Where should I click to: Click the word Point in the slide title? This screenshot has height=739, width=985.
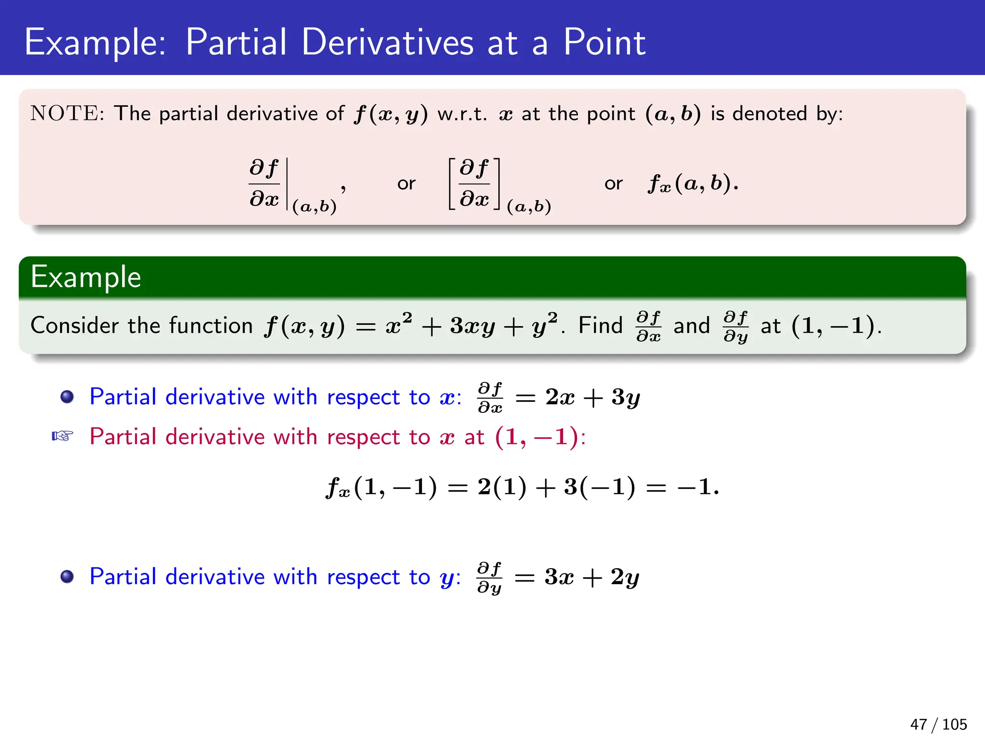(604, 42)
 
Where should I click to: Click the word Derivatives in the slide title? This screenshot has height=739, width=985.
(387, 42)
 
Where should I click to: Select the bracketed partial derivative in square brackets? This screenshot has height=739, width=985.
(474, 184)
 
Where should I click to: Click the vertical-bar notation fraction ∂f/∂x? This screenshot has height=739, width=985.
(264, 184)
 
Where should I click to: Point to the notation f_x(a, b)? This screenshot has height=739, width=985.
(693, 183)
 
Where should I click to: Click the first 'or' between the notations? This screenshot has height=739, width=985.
(406, 184)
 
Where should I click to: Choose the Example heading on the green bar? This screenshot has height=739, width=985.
(86, 277)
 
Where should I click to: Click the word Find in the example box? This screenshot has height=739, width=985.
(600, 326)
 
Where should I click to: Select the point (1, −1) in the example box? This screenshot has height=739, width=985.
(836, 326)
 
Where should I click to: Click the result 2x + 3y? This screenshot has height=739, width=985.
(593, 397)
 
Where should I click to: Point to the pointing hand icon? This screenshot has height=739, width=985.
(63, 436)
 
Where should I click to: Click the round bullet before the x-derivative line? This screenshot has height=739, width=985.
(67, 397)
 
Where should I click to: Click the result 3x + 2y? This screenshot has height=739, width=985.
(592, 577)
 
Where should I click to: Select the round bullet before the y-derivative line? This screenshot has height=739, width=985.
(67, 576)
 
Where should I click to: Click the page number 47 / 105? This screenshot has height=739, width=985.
(938, 724)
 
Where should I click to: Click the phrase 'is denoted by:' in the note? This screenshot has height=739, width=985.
(776, 114)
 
